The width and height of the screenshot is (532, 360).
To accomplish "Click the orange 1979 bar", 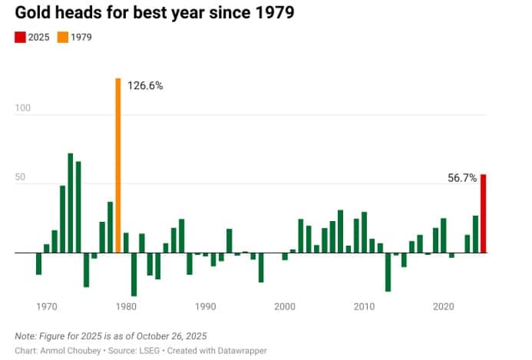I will [118, 165].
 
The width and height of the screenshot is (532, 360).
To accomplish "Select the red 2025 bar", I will [484, 213].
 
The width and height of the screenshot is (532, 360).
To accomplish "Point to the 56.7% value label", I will [462, 177].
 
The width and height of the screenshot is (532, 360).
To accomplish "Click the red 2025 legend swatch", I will [21, 37].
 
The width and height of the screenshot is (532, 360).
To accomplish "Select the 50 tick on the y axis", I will [21, 177].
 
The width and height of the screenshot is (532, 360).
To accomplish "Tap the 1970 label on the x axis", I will [47, 307].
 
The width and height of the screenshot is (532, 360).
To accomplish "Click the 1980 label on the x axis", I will [126, 307].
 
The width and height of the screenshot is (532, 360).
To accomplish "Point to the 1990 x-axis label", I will [205, 307].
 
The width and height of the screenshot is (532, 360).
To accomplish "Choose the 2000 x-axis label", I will [285, 307].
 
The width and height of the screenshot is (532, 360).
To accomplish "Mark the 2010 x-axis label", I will [364, 307].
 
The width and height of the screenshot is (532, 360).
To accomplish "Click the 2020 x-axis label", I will [443, 307].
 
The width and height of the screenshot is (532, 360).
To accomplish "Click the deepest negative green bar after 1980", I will [134, 274].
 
